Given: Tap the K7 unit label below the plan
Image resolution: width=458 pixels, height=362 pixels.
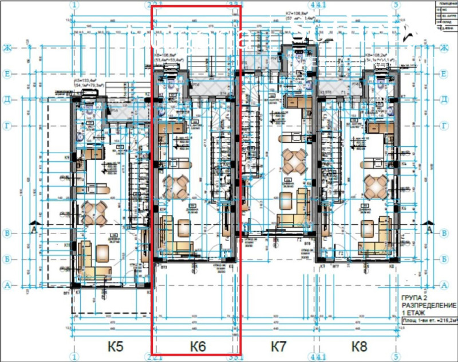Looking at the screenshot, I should (x=278, y=347).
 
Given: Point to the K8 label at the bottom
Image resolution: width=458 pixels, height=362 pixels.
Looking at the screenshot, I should (x=360, y=347).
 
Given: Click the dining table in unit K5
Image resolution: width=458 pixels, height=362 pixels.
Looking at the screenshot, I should (x=94, y=213).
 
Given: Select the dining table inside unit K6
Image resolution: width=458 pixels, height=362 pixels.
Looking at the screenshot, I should (x=176, y=186).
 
